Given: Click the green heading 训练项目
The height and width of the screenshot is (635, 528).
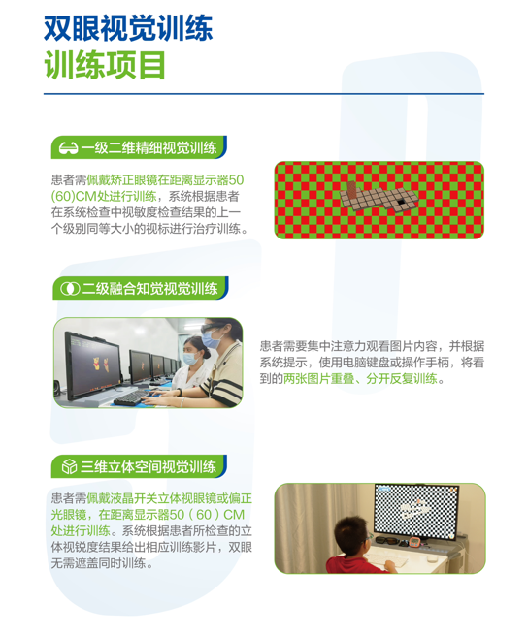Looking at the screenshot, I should click(105, 64).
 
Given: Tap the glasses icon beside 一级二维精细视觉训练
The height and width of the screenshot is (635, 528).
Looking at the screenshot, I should click(69, 148).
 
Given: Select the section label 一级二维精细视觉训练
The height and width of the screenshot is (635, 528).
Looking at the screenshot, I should click(148, 148).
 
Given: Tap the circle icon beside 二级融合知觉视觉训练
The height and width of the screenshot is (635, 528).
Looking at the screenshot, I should click(69, 288).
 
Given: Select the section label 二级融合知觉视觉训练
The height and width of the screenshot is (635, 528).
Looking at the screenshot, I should click(150, 288).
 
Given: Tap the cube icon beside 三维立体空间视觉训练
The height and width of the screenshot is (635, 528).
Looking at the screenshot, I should click(69, 467).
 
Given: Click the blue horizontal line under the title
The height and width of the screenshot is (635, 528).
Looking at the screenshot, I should click(263, 94).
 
